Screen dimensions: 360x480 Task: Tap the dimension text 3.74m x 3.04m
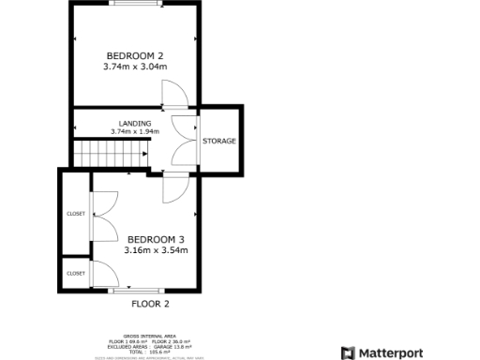[x=135, y=67]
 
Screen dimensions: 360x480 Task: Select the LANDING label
[x=135, y=123]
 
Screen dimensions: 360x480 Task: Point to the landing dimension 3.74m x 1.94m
[x=135, y=131]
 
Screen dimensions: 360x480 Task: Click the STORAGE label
[x=219, y=141]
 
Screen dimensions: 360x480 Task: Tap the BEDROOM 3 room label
[x=156, y=239]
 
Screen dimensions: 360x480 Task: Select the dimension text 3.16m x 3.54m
[x=156, y=250]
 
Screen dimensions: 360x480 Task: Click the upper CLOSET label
[x=76, y=214]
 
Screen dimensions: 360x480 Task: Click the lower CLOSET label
[x=76, y=273]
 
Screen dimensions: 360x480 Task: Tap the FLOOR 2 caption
[x=150, y=304]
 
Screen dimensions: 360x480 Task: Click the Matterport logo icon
[x=348, y=352]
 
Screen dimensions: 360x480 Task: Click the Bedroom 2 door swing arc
[x=174, y=94]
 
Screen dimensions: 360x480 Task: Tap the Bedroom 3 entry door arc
[x=174, y=188]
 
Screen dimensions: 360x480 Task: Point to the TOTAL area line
[x=150, y=351]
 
